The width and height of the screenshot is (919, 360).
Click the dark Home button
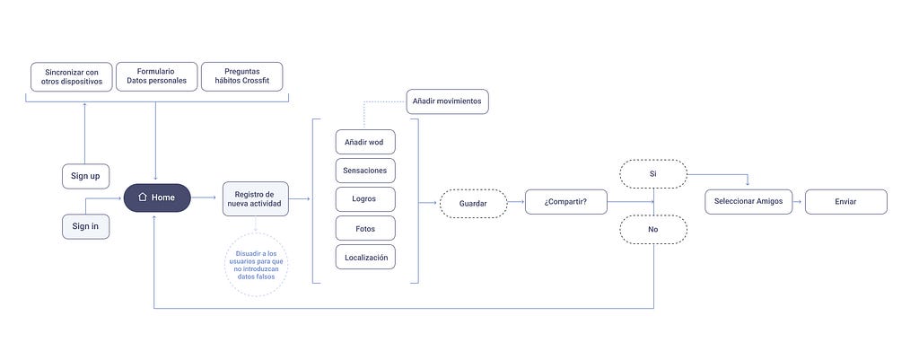(157, 198)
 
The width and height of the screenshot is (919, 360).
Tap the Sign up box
(85, 177)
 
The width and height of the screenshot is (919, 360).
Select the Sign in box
(85, 226)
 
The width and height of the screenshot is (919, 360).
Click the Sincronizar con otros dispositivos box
(72, 77)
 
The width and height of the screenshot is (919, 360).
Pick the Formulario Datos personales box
(156, 77)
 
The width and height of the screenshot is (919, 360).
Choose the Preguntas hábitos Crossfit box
(242, 77)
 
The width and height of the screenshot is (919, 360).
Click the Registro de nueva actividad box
(256, 198)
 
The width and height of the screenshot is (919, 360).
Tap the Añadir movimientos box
(447, 101)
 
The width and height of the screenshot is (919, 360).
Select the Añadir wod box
(366, 142)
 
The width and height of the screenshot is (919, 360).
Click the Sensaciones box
(366, 171)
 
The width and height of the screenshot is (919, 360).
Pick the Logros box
(366, 199)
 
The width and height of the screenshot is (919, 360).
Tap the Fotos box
(366, 228)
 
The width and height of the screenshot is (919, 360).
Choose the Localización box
(366, 257)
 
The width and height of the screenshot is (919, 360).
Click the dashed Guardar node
(474, 204)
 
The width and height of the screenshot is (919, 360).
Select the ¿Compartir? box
(566, 202)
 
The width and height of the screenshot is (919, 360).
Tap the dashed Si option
(653, 174)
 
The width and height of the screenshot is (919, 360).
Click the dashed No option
(653, 229)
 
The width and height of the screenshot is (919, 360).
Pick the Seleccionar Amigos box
(748, 202)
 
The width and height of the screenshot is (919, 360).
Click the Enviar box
(845, 202)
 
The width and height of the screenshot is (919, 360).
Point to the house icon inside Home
(142, 198)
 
